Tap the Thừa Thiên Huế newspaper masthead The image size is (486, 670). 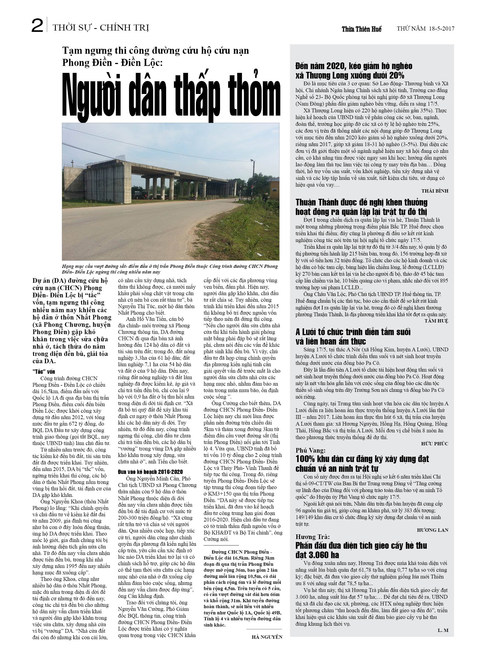tap(361, 29)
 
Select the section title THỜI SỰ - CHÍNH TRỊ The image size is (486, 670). tap(101, 28)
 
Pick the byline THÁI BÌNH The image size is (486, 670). tap(435, 191)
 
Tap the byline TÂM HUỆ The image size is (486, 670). tap(436, 321)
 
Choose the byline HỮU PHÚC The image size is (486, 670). tap(435, 443)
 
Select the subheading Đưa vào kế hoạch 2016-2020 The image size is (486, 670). tap(150, 472)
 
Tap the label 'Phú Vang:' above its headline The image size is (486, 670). tap(310, 450)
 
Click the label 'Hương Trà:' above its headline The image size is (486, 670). tap(313, 537)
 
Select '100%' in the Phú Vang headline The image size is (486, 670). tap(305, 459)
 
